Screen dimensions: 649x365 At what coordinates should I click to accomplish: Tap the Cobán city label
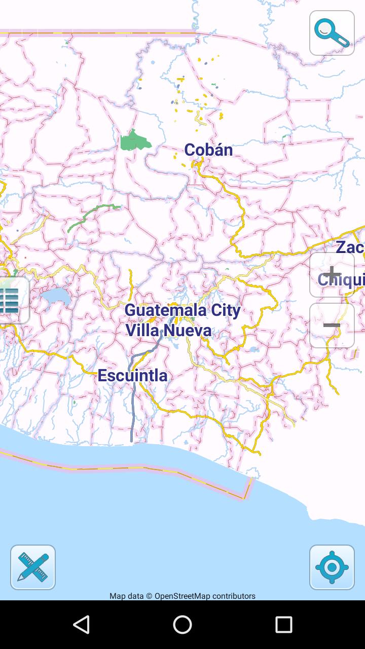[x=208, y=150]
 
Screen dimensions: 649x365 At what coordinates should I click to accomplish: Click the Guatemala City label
[x=182, y=310]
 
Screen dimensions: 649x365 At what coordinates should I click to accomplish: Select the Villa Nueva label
[x=168, y=331]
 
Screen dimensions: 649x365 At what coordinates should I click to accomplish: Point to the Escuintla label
[x=132, y=376]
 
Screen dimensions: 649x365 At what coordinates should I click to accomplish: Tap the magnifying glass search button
[x=332, y=33]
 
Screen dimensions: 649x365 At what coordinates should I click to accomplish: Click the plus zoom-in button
[x=332, y=274]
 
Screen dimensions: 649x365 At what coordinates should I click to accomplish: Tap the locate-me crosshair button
[x=332, y=567]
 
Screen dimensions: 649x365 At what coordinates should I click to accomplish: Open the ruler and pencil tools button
[x=33, y=567]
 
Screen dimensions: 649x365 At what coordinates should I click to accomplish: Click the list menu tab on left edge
[x=11, y=301]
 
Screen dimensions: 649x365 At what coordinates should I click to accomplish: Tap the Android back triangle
[x=81, y=625]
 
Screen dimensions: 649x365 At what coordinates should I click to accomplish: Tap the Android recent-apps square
[x=284, y=625]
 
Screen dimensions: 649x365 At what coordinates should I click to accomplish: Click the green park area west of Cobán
[x=134, y=141]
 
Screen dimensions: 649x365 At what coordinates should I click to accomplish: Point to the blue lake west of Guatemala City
[x=56, y=296]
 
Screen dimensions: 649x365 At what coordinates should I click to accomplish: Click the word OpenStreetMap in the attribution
[x=182, y=596]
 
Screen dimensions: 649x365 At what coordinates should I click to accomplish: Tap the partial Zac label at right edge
[x=350, y=247]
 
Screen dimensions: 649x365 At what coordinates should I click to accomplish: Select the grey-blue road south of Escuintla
[x=133, y=406]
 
